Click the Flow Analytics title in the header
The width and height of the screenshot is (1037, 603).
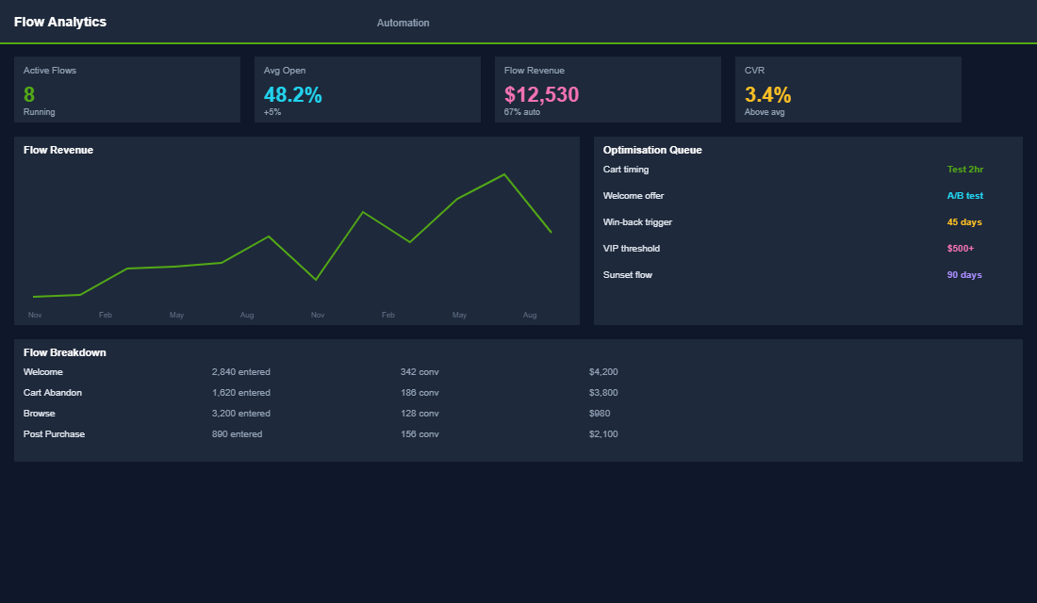[60, 22]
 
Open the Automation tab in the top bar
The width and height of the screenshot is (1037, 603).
[403, 23]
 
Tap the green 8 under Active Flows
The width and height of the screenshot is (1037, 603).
[29, 94]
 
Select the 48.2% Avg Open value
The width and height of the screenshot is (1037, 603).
[292, 94]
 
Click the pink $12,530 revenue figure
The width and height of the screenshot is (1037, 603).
[541, 94]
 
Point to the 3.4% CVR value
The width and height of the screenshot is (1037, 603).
[767, 94]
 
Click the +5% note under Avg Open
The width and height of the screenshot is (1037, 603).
[272, 112]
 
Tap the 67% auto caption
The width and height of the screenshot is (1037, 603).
[522, 112]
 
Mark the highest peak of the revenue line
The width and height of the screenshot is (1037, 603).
[504, 174]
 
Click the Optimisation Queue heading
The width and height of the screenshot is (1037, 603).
[652, 150]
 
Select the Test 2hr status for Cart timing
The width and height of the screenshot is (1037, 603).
[964, 170]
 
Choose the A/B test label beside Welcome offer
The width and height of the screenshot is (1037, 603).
[964, 196]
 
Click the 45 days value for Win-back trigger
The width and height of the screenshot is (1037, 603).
[964, 222]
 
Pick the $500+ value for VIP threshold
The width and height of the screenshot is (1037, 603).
[960, 249]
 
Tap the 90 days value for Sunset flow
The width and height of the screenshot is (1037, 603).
[964, 275]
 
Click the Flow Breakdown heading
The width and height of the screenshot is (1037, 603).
[64, 352]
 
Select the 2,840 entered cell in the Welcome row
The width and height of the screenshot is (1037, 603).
[240, 372]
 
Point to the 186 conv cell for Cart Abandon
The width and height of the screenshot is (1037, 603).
[420, 393]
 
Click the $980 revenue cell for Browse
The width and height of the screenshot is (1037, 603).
[600, 414]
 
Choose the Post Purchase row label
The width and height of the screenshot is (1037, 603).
[54, 434]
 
